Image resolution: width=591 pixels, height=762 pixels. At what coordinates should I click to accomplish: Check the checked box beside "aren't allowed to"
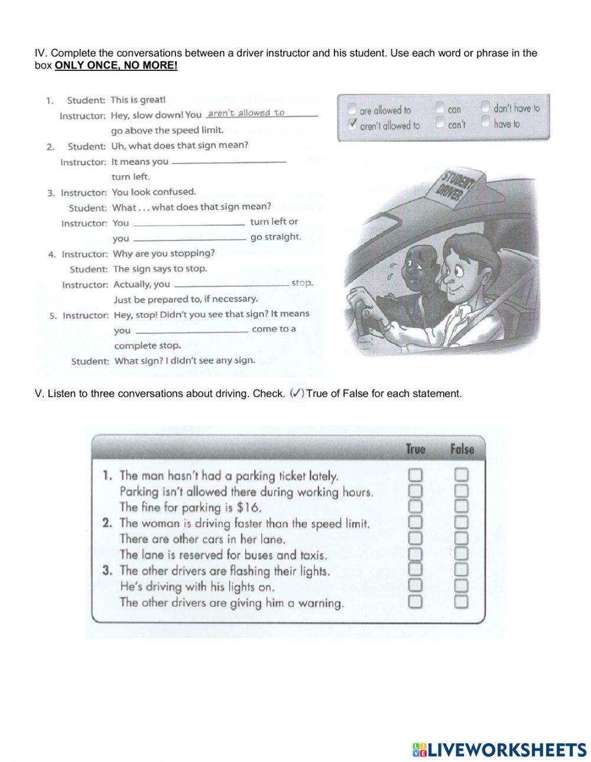353,125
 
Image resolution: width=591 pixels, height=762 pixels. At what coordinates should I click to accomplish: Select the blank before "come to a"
190,330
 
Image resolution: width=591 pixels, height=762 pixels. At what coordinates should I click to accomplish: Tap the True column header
415,449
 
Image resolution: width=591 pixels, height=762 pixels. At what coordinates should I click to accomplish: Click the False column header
462,449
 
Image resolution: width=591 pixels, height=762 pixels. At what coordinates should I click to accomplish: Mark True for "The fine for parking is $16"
415,506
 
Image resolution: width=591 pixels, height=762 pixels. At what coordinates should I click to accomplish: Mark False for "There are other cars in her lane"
461,538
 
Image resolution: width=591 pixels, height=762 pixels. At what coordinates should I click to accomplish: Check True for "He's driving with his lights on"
415,586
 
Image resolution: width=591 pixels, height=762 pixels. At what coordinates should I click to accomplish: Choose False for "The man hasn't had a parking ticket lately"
461,475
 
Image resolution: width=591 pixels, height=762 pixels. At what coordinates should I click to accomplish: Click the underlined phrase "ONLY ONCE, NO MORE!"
116,66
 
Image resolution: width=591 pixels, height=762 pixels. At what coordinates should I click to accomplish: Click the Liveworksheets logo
499,750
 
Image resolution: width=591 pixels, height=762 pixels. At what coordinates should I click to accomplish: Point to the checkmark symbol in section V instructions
297,393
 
